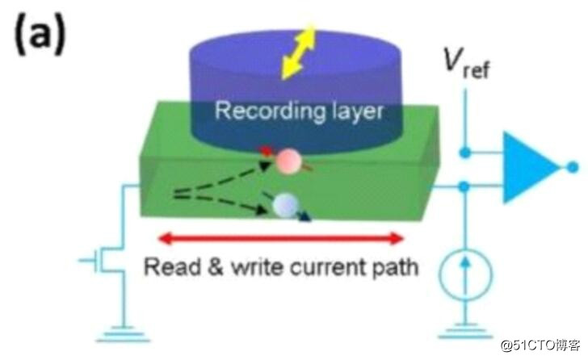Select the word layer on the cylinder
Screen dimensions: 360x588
pos(356,111)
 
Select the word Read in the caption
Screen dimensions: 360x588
pos(166,267)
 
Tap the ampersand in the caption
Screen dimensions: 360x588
pos(198,267)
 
